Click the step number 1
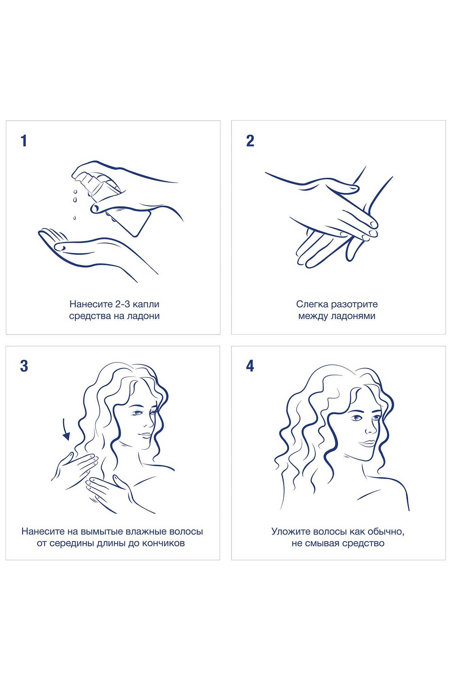(23, 141)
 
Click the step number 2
(250, 141)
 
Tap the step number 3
(24, 366)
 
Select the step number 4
(250, 366)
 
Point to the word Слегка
(311, 304)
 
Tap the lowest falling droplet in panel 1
(75, 218)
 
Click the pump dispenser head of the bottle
(84, 178)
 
